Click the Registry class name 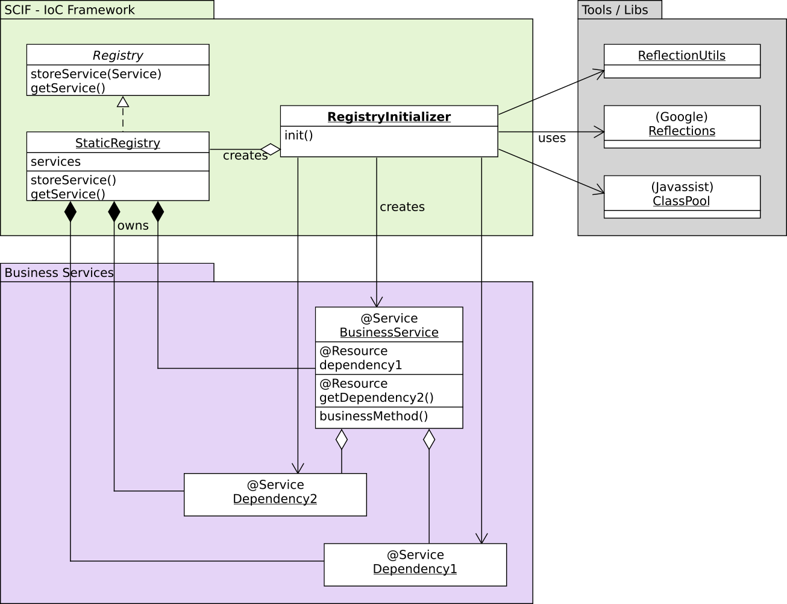pyautogui.click(x=118, y=56)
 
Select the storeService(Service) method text pyautogui.click(x=96, y=74)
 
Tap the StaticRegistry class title pyautogui.click(x=118, y=143)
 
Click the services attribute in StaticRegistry pyautogui.click(x=55, y=162)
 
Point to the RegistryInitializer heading pyautogui.click(x=389, y=117)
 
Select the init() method pyautogui.click(x=299, y=135)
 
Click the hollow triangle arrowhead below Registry pyautogui.click(x=123, y=101)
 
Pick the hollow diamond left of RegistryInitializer pyautogui.click(x=271, y=149)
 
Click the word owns pyautogui.click(x=133, y=226)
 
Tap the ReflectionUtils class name pyautogui.click(x=682, y=56)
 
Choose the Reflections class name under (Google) pyautogui.click(x=682, y=131)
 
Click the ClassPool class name pyautogui.click(x=682, y=201)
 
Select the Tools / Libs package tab pyautogui.click(x=615, y=10)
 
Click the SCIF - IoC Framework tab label pyautogui.click(x=70, y=10)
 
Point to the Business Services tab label pyautogui.click(x=59, y=273)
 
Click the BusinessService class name pyautogui.click(x=389, y=332)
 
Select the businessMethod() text pyautogui.click(x=374, y=416)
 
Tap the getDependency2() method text pyautogui.click(x=377, y=398)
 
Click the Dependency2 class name pyautogui.click(x=275, y=499)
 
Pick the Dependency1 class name pyautogui.click(x=415, y=569)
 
